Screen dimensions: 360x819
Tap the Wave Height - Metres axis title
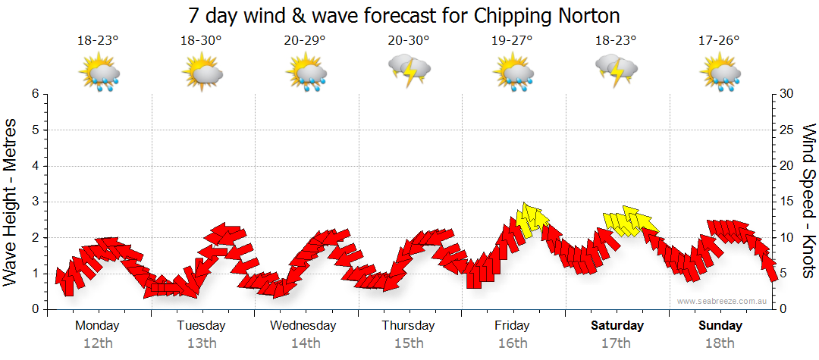pyautogui.click(x=11, y=201)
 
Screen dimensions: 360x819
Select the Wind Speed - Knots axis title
pyautogui.click(x=808, y=201)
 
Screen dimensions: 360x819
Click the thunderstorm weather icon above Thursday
pyautogui.click(x=409, y=70)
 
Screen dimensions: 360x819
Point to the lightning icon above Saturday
pyautogui.click(x=617, y=70)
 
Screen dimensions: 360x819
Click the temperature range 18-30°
pyautogui.click(x=202, y=41)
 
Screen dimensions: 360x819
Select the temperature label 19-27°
pyautogui.click(x=513, y=41)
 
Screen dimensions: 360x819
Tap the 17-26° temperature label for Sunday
pyautogui.click(x=719, y=41)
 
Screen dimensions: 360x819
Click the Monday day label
pyautogui.click(x=97, y=326)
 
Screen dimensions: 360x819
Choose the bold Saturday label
pyautogui.click(x=617, y=326)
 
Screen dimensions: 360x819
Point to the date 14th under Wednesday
pyautogui.click(x=305, y=343)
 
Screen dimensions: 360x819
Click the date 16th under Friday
pyautogui.click(x=513, y=343)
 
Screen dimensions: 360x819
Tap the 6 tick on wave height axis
pyautogui.click(x=35, y=94)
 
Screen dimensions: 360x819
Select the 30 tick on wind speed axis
pyautogui.click(x=787, y=94)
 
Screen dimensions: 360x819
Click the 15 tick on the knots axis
pyautogui.click(x=787, y=202)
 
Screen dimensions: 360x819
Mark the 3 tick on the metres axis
pyautogui.click(x=35, y=202)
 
